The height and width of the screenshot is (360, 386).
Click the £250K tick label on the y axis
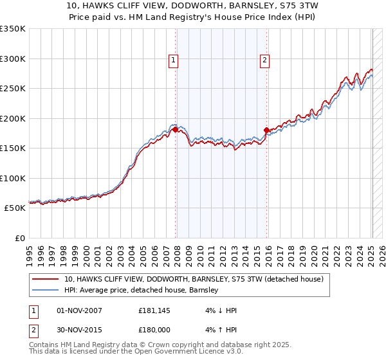[x=13, y=88]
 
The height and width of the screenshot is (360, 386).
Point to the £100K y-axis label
[x=13, y=178]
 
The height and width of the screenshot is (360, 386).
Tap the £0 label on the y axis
[x=19, y=238]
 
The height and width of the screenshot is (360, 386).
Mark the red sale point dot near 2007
[x=175, y=130]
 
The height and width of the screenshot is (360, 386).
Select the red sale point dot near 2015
[x=267, y=130]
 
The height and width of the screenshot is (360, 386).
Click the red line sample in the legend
[x=46, y=280]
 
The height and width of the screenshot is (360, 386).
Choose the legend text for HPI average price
[x=142, y=290]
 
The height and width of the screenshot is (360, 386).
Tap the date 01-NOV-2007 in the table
[x=79, y=310]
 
